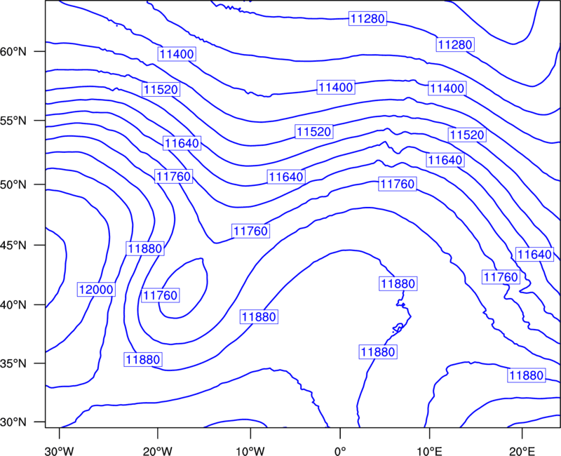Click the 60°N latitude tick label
pyautogui.click(x=13, y=51)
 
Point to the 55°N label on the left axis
pyautogui.click(x=13, y=120)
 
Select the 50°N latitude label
pyautogui.click(x=13, y=185)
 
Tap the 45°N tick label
pyautogui.click(x=13, y=245)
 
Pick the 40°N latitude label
pyautogui.click(x=13, y=305)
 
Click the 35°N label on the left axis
pyautogui.click(x=13, y=363)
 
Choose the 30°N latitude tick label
pyautogui.click(x=13, y=422)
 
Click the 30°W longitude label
pyautogui.click(x=60, y=451)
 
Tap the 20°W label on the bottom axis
pyautogui.click(x=158, y=451)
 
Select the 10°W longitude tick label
pyautogui.click(x=250, y=451)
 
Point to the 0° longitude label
pyautogui.click(x=339, y=451)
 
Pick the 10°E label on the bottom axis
pyautogui.click(x=429, y=451)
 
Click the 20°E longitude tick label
pyautogui.click(x=522, y=451)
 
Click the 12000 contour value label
pyautogui.click(x=96, y=289)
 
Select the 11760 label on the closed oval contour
pyautogui.click(x=161, y=295)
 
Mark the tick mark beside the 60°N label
pyautogui.click(x=40, y=51)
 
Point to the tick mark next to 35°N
pyautogui.click(x=40, y=363)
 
